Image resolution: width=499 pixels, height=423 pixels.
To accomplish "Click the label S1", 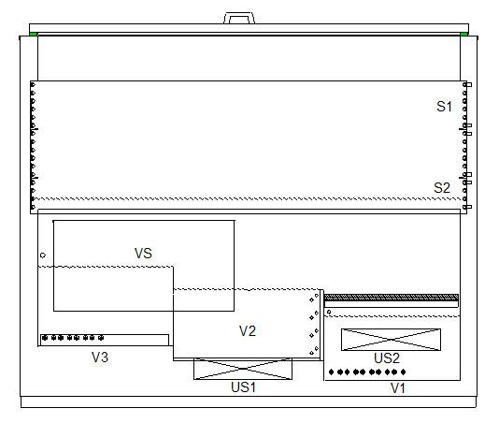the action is pos(444,107).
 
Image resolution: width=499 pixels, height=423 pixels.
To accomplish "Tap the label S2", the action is pos(442,188).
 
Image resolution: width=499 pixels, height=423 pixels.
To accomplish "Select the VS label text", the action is pos(143,254).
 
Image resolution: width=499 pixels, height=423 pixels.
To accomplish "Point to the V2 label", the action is pos(248,331).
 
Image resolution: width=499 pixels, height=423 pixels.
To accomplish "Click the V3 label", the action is pos(100,357).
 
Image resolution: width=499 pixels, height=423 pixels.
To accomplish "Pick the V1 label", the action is pos(398,388).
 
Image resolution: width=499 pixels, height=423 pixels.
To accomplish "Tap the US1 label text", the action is pos(243,387).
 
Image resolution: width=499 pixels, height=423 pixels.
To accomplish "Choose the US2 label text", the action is pos(387,358).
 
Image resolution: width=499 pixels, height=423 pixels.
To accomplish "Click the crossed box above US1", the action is pos(243,369).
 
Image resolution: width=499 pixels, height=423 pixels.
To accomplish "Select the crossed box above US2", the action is pos(391,340).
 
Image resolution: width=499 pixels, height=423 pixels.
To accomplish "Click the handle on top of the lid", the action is pos(239,18).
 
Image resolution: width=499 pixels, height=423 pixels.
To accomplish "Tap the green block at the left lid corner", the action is pos(34,34).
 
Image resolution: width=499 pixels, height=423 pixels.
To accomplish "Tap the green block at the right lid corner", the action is pos(464,34).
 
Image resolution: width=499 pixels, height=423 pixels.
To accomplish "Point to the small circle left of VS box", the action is pos(43,255).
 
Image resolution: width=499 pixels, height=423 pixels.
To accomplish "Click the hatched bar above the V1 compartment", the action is pos(392,298).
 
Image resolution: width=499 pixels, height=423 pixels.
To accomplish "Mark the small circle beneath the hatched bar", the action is pos(329,312).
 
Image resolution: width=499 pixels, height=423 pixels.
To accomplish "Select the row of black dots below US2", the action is pos(367,372).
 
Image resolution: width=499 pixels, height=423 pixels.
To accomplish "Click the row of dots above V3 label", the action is pos(73,338).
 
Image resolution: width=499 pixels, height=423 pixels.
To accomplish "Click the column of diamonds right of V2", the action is pos(314,324).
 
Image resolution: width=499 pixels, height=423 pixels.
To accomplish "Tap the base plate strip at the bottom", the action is pos(249,402).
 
